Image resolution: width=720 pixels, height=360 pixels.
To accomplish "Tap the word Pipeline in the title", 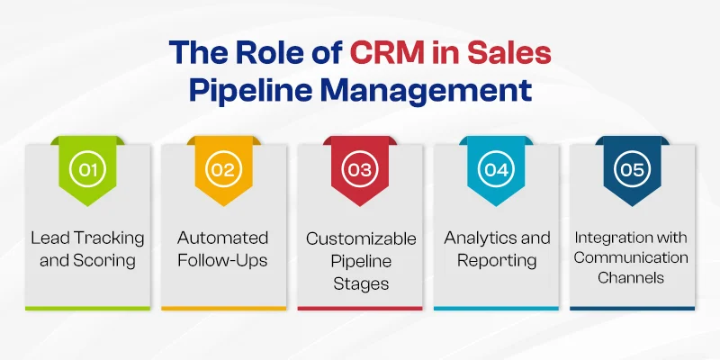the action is pos(242,92).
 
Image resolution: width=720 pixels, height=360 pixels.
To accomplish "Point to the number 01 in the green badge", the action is pos(87,169).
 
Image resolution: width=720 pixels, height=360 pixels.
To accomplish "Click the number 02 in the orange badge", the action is pos(223,169).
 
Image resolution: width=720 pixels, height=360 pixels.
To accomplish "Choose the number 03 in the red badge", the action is pos(359,169).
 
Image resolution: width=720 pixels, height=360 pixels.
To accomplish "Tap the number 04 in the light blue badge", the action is pos(497,169).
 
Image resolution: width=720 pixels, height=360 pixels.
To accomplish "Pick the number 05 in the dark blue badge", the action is pos(633,169).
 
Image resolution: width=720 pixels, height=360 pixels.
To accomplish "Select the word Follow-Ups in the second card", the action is pos(222,261).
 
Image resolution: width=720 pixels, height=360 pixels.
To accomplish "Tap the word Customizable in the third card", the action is pos(362,238).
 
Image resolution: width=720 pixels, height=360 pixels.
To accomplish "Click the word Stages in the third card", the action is pos(361,283).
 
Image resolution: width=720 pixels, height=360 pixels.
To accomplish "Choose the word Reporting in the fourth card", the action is pos(497,261).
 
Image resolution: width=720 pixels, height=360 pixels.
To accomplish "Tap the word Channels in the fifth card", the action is pos(631,278).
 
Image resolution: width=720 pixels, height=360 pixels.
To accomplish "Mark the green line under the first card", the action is pos(87,309).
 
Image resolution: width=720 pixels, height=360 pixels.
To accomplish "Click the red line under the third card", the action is pos(359,309).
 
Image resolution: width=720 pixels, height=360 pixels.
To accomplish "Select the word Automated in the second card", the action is pos(222,238).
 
